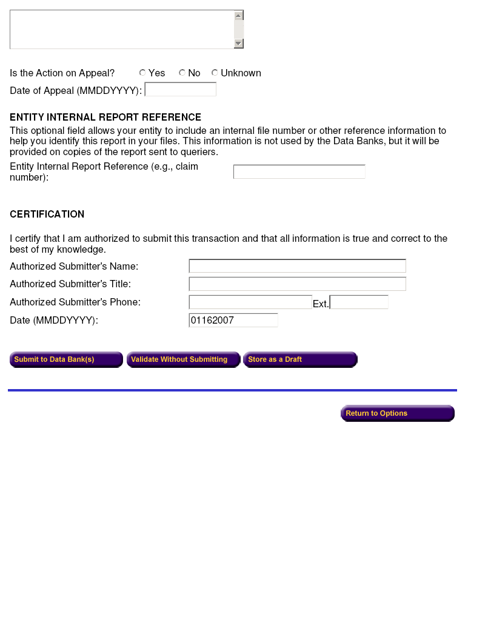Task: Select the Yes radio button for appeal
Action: (x=142, y=73)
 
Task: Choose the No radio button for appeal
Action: (x=182, y=73)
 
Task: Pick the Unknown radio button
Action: (x=215, y=73)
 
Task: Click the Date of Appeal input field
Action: (x=180, y=90)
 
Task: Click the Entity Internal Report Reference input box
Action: (x=299, y=172)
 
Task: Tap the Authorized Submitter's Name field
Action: (x=297, y=266)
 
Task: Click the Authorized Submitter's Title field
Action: (x=297, y=284)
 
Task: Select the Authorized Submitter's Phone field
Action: (x=250, y=302)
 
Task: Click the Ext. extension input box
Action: (x=359, y=302)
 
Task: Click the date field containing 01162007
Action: (x=233, y=321)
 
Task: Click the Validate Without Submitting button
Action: (x=183, y=360)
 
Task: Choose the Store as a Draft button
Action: (x=300, y=360)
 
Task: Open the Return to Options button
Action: (x=397, y=413)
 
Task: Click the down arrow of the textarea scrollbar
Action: (x=239, y=44)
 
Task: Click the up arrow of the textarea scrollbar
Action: (x=239, y=16)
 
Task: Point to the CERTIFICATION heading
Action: (x=47, y=215)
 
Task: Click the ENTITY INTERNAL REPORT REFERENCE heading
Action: (x=105, y=118)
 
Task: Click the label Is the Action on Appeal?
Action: (x=62, y=73)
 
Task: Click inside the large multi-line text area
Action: (x=121, y=29)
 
